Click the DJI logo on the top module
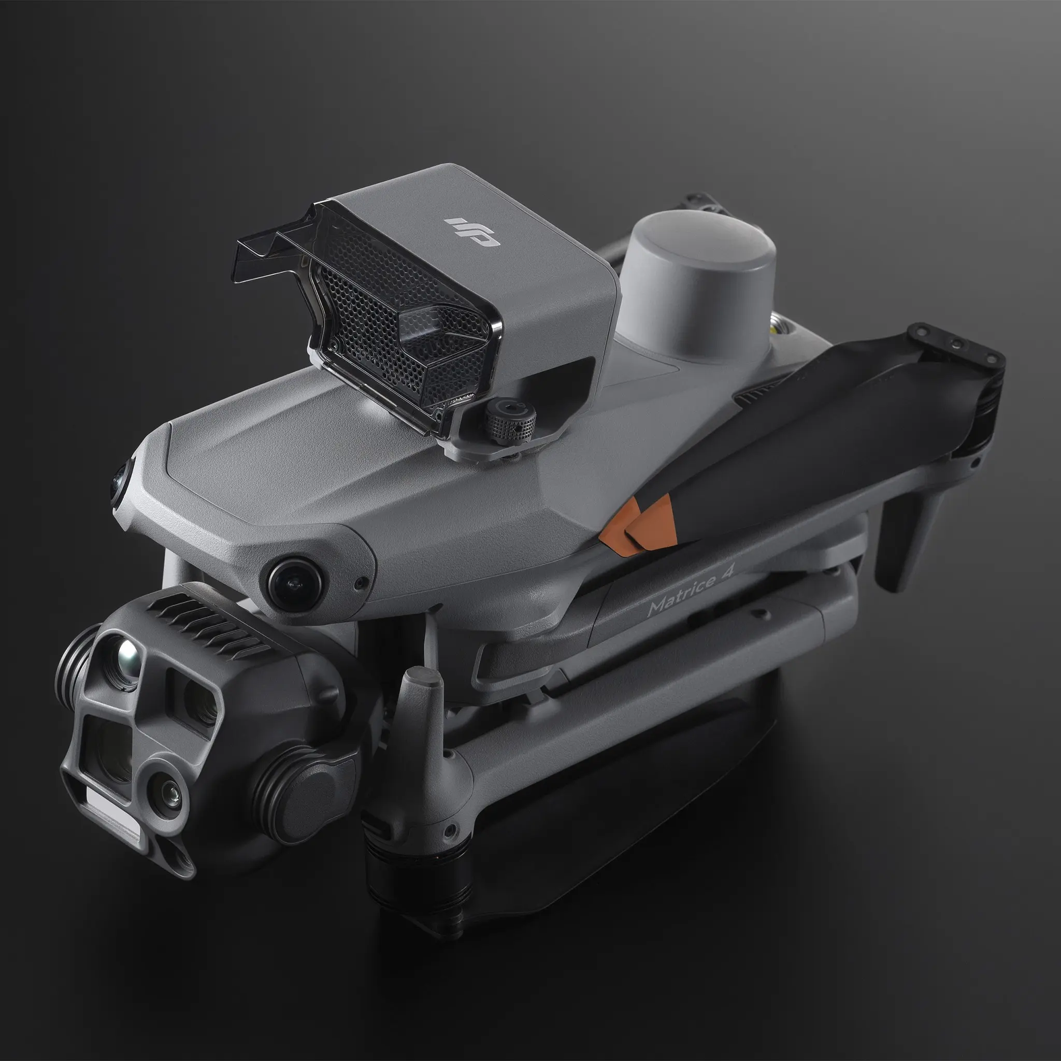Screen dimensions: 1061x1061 472,232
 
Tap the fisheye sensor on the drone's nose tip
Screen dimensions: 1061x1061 120,481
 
